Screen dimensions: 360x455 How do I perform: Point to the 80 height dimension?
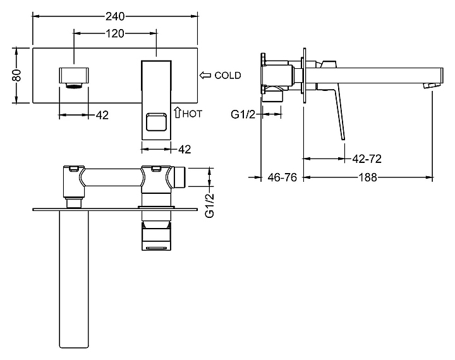[x=18, y=75]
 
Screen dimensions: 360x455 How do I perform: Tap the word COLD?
[x=227, y=75]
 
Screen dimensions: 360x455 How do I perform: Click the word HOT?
[x=193, y=115]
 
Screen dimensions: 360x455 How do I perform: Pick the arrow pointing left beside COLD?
[x=205, y=75]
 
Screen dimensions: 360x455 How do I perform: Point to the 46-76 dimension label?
[x=282, y=177]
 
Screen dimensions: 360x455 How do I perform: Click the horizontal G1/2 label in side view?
[x=243, y=114]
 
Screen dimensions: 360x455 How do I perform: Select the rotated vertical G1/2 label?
[x=210, y=204]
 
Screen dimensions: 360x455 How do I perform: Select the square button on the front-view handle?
[x=157, y=120]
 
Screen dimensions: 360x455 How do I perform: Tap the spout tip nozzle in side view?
[x=433, y=83]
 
